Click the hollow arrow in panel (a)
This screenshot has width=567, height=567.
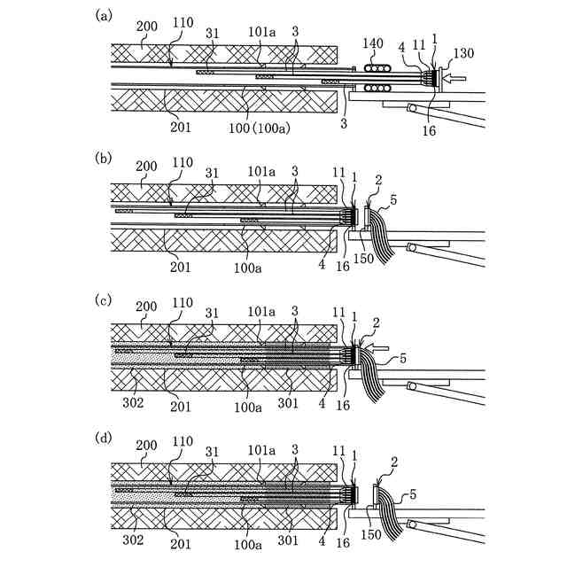click(x=452, y=80)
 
